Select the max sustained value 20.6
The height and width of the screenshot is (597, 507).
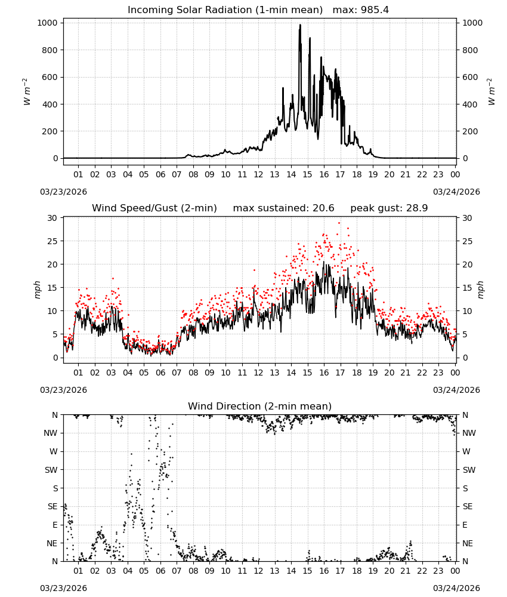(323, 208)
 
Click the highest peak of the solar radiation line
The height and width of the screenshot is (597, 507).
(300, 24)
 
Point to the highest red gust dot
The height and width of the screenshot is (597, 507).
(339, 223)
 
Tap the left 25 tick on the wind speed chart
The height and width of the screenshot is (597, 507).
(52, 241)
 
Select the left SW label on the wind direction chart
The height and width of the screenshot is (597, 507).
(51, 470)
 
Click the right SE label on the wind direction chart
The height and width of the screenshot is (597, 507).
(468, 506)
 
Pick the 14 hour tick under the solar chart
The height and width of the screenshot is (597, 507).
(291, 174)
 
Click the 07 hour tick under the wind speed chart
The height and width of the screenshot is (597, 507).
(177, 373)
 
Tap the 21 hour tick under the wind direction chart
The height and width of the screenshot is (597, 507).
(406, 571)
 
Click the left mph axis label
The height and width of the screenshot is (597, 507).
(37, 290)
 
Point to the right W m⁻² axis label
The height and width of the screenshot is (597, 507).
(491, 92)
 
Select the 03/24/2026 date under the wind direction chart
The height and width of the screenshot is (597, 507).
(456, 588)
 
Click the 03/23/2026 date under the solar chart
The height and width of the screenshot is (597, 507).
(63, 192)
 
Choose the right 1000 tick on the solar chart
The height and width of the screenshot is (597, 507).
(472, 23)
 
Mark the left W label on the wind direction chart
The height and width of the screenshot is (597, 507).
(54, 451)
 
